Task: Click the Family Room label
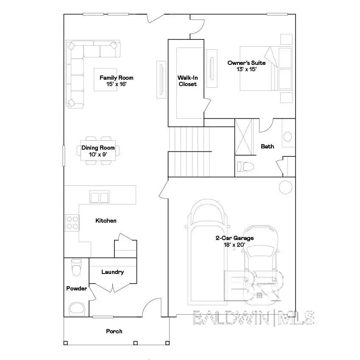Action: [x=116, y=78]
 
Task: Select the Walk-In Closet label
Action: [x=187, y=81]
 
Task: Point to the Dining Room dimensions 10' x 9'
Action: [x=98, y=154]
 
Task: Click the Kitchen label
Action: [x=106, y=220]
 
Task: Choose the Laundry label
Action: [x=112, y=272]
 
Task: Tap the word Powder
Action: [x=76, y=288]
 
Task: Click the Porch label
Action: [x=114, y=331]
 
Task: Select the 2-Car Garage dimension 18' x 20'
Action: [x=234, y=245]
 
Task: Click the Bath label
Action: [x=267, y=146]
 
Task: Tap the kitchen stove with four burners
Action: [x=72, y=223]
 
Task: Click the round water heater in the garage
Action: [x=285, y=187]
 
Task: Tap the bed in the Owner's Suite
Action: [x=266, y=68]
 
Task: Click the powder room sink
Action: [x=77, y=308]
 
